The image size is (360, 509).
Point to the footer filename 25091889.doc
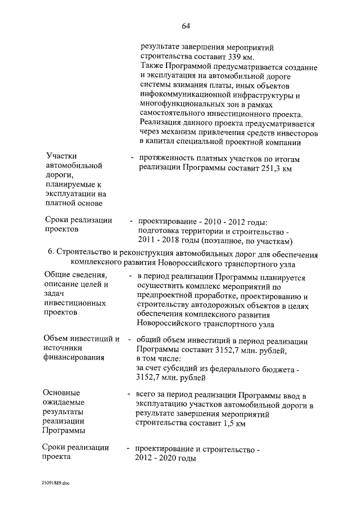click(55, 483)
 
